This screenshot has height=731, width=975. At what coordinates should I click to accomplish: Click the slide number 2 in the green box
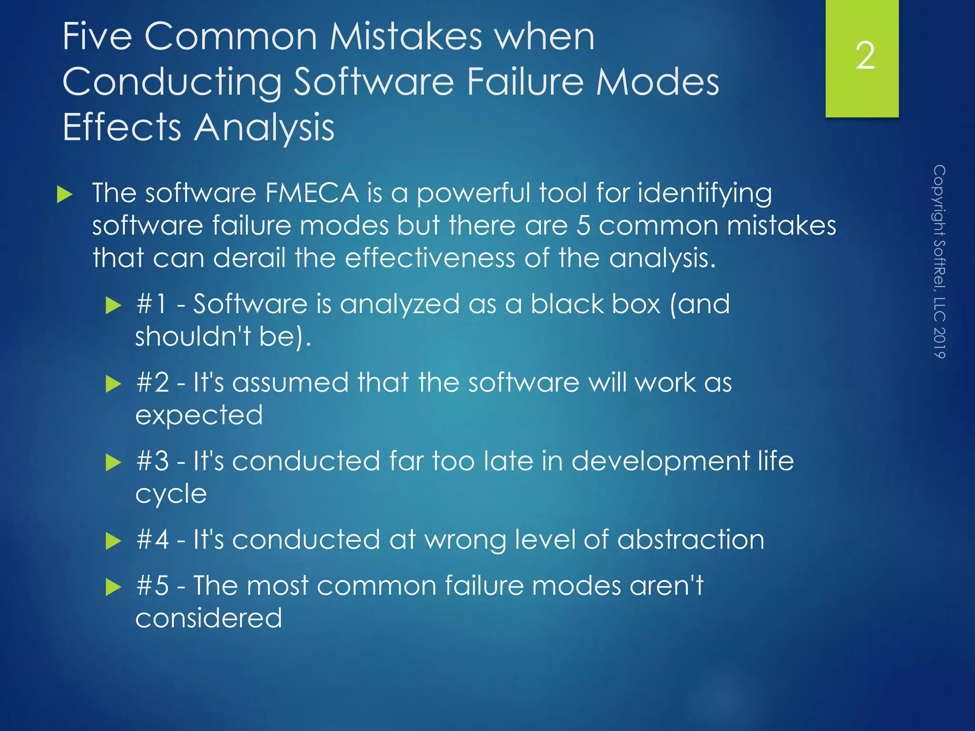(x=865, y=56)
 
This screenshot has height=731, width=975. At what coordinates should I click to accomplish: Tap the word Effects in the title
(x=122, y=127)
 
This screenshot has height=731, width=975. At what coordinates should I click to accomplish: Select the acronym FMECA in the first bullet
(x=311, y=193)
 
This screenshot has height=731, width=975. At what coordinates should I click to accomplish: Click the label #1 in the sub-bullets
(x=152, y=304)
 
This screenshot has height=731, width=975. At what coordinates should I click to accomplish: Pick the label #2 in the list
(x=152, y=383)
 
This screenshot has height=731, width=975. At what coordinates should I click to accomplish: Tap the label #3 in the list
(x=152, y=461)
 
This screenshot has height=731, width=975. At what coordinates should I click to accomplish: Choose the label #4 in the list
(x=152, y=540)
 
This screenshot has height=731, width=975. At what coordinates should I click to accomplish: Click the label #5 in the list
(x=152, y=585)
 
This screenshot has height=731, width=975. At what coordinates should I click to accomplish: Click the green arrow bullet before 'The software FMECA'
(x=64, y=194)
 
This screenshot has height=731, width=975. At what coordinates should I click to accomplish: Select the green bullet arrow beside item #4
(x=113, y=541)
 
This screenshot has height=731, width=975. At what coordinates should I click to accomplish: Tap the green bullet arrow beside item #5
(x=113, y=587)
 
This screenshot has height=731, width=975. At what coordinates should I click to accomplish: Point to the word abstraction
(x=690, y=540)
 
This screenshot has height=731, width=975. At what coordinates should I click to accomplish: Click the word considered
(x=209, y=618)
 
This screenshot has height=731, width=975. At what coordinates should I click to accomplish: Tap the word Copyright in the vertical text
(x=939, y=200)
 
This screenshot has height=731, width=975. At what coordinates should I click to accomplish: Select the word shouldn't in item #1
(x=193, y=336)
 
